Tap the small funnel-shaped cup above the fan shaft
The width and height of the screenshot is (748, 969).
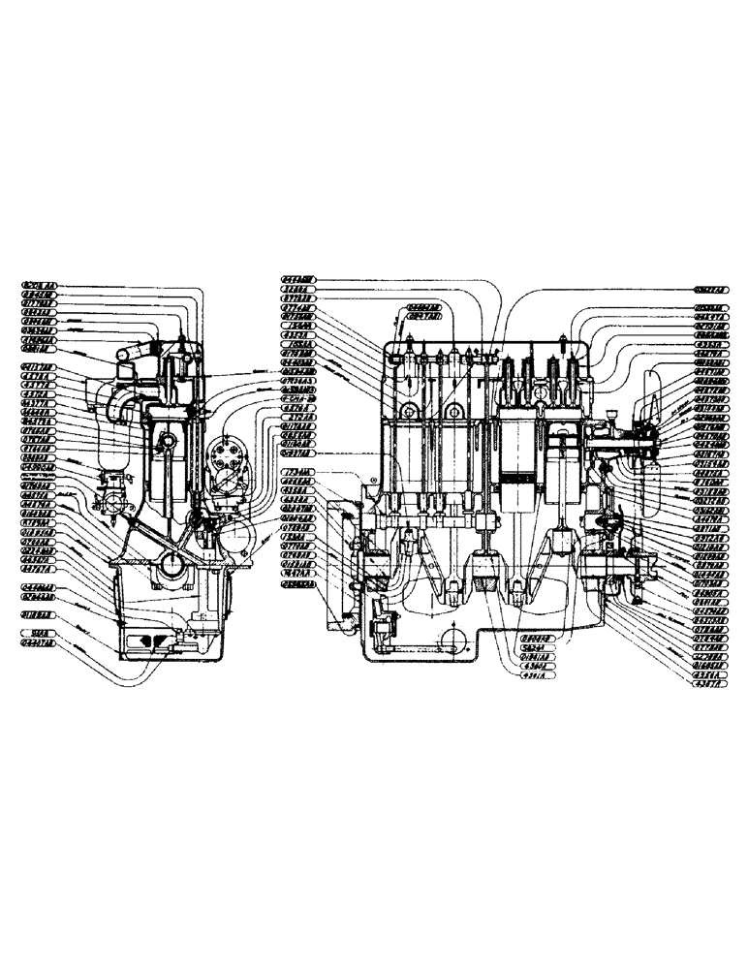point(612,416)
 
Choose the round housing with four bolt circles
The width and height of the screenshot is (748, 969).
point(229,454)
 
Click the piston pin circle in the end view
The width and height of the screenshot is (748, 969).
point(166,443)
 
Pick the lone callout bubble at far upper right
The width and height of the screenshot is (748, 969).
point(713,288)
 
